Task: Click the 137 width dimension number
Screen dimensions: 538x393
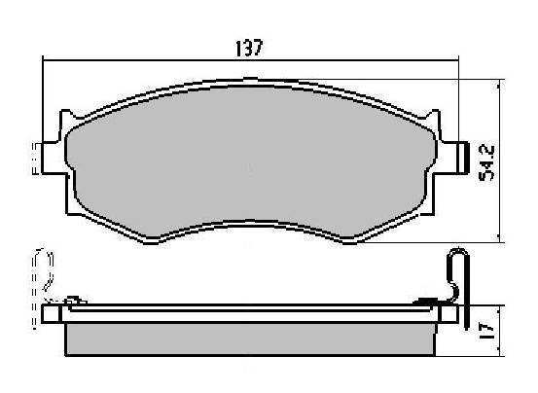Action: click(249, 48)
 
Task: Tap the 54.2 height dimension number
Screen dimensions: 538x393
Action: click(486, 162)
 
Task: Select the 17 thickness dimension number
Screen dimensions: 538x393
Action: click(486, 332)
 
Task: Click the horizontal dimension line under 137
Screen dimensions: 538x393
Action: click(250, 60)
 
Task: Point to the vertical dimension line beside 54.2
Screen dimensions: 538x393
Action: click(501, 161)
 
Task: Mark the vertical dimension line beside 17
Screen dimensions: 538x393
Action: click(501, 331)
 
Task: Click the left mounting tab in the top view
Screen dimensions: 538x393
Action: click(54, 159)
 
